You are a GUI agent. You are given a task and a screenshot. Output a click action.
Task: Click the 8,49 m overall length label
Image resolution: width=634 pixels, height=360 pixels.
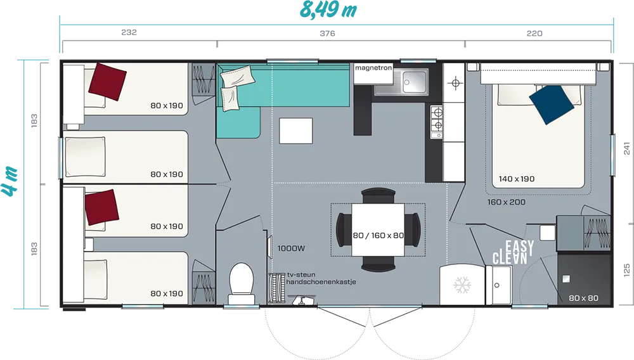pyautogui.click(x=328, y=10)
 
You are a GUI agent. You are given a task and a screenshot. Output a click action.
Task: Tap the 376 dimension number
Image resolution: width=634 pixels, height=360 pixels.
pyautogui.click(x=328, y=34)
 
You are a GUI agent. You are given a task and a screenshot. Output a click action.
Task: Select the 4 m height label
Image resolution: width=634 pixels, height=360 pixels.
pyautogui.click(x=9, y=181)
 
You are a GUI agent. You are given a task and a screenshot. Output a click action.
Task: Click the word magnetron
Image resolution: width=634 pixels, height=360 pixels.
pyautogui.click(x=373, y=67)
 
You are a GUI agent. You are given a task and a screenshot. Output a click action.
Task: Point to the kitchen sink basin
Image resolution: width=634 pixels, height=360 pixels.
pyautogui.click(x=414, y=82)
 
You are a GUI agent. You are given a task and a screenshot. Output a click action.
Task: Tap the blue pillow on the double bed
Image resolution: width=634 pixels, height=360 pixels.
pyautogui.click(x=552, y=105)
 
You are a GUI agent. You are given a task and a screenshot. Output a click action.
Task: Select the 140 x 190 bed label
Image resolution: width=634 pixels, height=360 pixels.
pyautogui.click(x=516, y=179)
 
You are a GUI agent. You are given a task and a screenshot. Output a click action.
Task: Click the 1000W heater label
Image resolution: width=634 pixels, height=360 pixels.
pyautogui.click(x=291, y=248)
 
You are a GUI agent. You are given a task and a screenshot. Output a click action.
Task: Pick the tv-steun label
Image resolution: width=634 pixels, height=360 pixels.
pyautogui.click(x=301, y=274)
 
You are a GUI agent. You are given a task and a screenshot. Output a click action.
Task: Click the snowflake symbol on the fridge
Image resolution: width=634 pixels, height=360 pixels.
pyautogui.click(x=462, y=285)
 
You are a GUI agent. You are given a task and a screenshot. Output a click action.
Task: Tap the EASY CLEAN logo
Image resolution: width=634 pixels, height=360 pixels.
pyautogui.click(x=513, y=252)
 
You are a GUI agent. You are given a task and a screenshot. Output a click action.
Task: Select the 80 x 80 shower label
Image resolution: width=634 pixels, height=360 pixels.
pyautogui.click(x=583, y=298)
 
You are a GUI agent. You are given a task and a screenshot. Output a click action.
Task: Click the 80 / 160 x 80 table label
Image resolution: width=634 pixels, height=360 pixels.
pyautogui.click(x=378, y=236)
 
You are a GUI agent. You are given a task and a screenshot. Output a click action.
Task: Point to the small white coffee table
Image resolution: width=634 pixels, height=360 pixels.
pyautogui.click(x=295, y=131)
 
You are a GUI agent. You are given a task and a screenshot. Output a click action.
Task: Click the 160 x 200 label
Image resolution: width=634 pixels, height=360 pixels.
pyautogui.click(x=506, y=202)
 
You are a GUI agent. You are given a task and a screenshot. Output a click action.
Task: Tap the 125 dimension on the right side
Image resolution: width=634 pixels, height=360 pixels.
pyautogui.click(x=627, y=270)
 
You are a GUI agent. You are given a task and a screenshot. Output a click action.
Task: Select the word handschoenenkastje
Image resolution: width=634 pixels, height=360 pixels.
pyautogui.click(x=321, y=281)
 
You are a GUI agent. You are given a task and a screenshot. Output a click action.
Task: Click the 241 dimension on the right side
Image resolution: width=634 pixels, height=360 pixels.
pyautogui.click(x=627, y=148)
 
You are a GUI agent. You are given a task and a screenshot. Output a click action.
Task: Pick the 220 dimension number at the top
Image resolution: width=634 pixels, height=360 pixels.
pyautogui.click(x=534, y=34)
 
